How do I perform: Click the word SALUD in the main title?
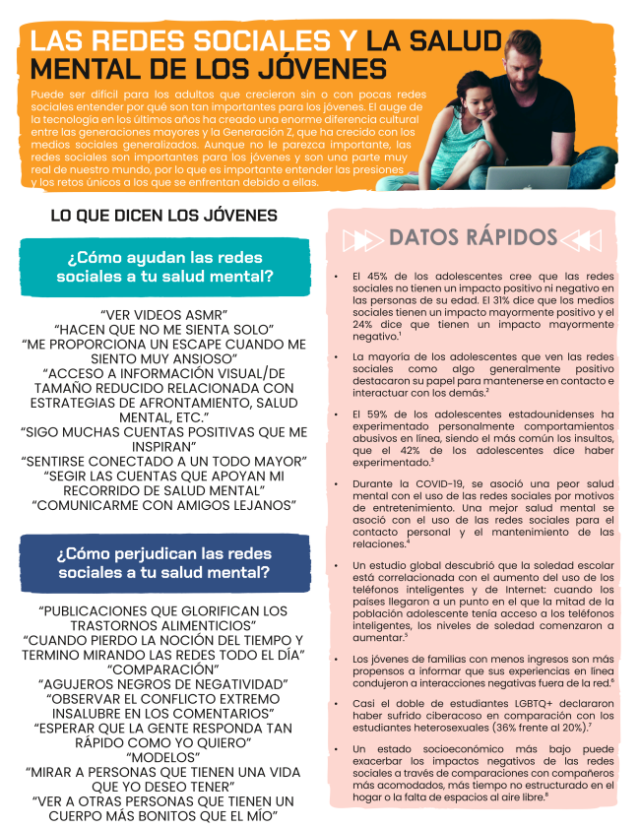click(454, 41)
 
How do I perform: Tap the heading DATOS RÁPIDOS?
click(473, 237)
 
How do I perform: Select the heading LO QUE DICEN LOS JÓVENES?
click(163, 216)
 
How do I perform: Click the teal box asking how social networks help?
click(164, 267)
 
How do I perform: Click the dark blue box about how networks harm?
click(164, 563)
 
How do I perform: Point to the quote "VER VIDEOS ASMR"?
click(164, 314)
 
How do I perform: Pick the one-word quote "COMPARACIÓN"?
click(164, 669)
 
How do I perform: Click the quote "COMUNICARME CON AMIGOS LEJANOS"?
click(164, 505)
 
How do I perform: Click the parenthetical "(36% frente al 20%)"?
click(540, 727)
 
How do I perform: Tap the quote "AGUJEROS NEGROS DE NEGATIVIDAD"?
click(164, 683)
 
